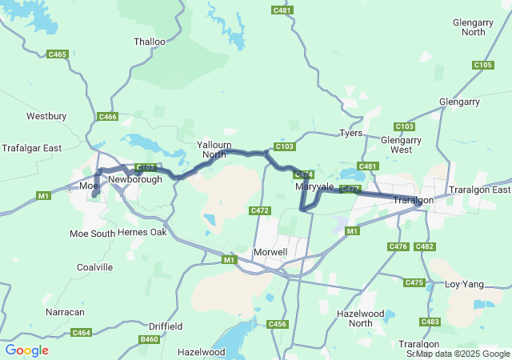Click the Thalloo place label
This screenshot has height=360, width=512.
pyautogui.click(x=150, y=42)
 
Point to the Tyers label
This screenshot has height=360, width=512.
pyautogui.click(x=350, y=133)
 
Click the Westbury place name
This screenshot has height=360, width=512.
pyautogui.click(x=46, y=116)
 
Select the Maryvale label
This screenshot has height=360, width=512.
pyautogui.click(x=314, y=186)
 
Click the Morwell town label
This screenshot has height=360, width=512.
pyautogui.click(x=270, y=252)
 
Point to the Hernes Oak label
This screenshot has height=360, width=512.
pyautogui.click(x=142, y=232)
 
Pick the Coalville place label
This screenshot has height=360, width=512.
pyautogui.click(x=94, y=267)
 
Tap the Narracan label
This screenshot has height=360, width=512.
pyautogui.click(x=65, y=311)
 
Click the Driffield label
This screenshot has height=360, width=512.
pyautogui.click(x=166, y=326)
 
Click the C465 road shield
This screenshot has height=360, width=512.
pyautogui.click(x=58, y=54)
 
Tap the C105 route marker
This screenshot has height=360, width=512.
pyautogui.click(x=483, y=65)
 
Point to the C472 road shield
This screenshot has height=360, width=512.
pyautogui.click(x=260, y=210)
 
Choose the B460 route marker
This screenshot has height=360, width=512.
pyautogui.click(x=149, y=339)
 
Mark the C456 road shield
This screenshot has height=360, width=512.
pyautogui.click(x=278, y=323)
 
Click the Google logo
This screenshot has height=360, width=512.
pyautogui.click(x=27, y=350)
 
